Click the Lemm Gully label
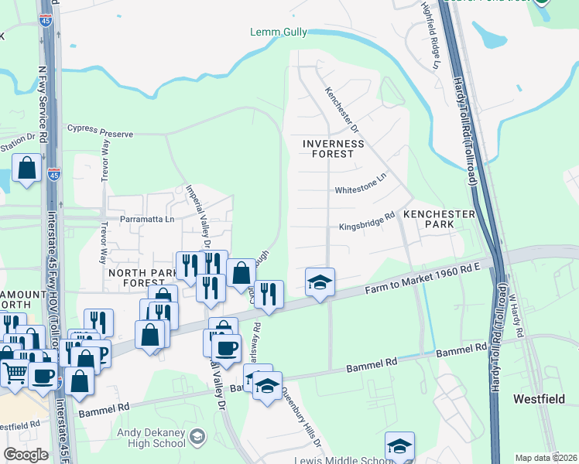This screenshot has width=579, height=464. pos(278,32)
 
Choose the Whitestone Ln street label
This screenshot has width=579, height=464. pos(360,189)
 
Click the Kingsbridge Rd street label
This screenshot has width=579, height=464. pos(367,227)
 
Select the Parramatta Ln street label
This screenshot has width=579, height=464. pos(146,219)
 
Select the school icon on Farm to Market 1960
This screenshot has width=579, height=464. pos(319,281)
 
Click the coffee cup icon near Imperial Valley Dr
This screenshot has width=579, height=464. pos(226,347)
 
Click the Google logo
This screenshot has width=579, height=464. pos(26,455)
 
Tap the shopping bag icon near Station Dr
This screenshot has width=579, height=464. pos(27,168)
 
